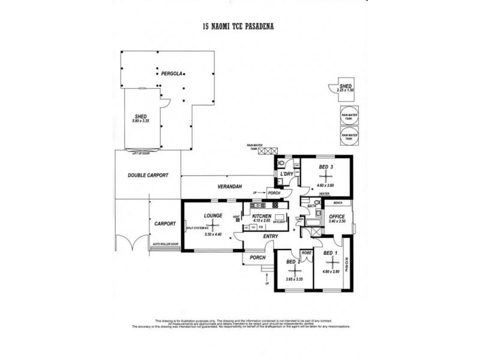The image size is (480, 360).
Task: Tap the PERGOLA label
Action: pos(172,74)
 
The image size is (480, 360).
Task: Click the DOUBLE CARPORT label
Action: pos(148,175)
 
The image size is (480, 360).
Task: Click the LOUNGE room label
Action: pos(214,215)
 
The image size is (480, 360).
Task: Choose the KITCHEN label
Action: pos(262,216)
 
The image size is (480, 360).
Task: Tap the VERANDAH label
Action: pos(229,187)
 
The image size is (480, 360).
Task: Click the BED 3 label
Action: pos(326,166)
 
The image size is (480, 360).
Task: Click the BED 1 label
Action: pos(331,253)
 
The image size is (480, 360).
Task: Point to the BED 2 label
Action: pos(293,262)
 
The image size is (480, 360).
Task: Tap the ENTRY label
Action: pos(271,236)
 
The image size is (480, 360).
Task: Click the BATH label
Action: pos(313,206)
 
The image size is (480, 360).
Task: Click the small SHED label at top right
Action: pos(345,86)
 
